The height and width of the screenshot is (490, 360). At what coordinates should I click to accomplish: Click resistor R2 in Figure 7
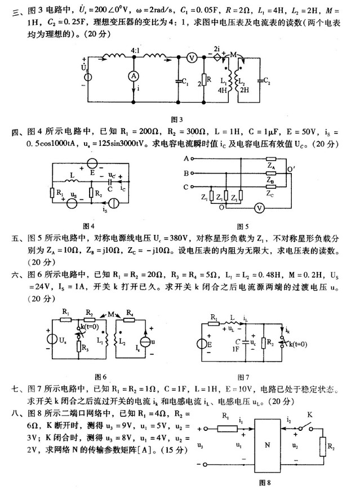pos(263,344)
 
